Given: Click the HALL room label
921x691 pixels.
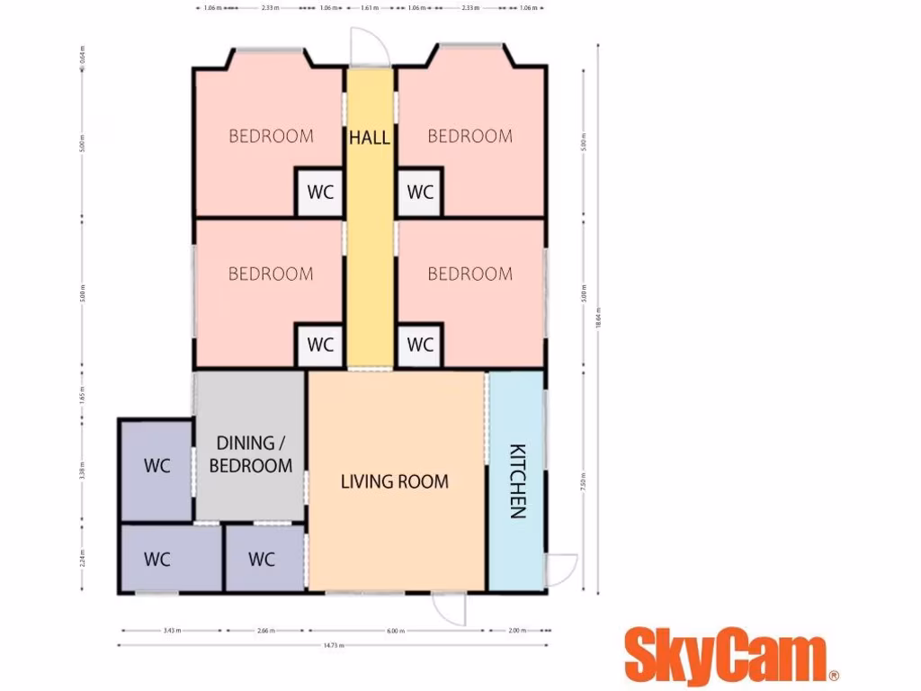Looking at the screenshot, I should pos(370,138).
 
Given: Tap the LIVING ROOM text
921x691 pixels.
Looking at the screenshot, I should pos(394,481).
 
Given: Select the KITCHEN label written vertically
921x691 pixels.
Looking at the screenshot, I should pos(517,481).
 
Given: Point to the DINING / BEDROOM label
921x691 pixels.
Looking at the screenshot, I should pos(251,454).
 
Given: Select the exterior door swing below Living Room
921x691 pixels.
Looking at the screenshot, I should pos(449,608).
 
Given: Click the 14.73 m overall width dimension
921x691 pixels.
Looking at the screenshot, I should pos(332,645).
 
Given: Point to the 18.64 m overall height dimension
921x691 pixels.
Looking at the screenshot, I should pos(598,319).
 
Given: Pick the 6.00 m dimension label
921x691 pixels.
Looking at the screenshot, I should pos(396,630).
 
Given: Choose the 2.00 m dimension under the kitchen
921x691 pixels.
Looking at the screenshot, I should pos(516,630).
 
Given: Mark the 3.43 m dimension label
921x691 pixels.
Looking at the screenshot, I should pos(171,630).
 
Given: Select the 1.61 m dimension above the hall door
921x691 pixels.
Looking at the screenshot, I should pos(369,7).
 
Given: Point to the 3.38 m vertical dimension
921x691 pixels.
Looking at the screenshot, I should pos(82,469).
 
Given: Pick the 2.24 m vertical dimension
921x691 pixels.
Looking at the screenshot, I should pos(82,557).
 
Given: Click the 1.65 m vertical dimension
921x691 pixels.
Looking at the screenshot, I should pos(82,395).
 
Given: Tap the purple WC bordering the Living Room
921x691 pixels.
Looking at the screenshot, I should pos(262,560).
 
